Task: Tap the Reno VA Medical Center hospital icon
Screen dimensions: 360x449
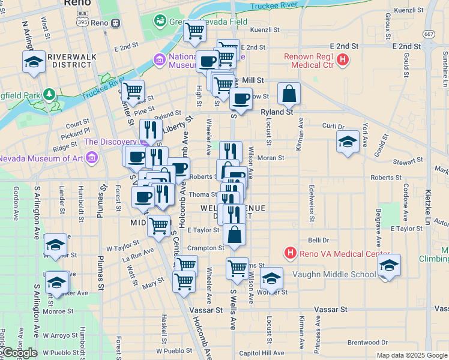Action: (291, 253)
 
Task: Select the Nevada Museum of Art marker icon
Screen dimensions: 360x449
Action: (92, 158)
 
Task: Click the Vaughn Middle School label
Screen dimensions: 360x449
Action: (334, 274)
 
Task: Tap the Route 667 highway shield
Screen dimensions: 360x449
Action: (429, 34)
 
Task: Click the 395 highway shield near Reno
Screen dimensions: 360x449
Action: (82, 22)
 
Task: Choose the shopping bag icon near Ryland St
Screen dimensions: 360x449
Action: (289, 94)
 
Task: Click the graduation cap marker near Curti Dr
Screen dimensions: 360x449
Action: (347, 143)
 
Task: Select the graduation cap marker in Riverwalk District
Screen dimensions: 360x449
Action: (34, 62)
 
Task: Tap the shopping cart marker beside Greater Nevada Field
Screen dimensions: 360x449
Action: (194, 31)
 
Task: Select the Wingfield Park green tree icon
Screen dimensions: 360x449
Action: (49, 95)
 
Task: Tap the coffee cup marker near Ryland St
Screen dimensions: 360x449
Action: (241, 99)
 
